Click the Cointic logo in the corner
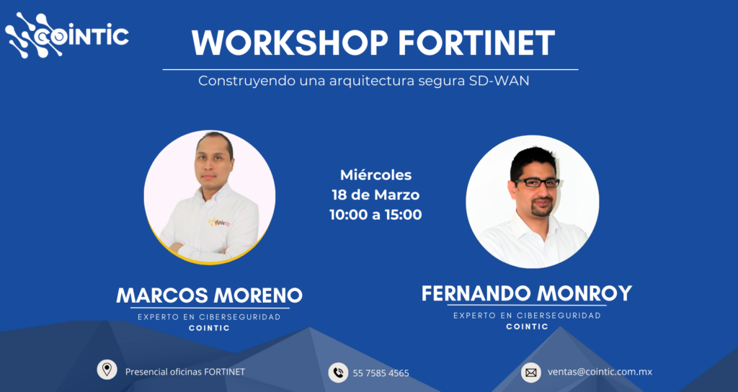[67, 36]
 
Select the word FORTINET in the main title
[477, 43]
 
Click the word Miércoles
[375, 175]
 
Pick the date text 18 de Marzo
[375, 195]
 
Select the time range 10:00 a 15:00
[375, 215]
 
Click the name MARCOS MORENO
[210, 295]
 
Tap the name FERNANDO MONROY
[526, 293]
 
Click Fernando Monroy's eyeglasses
[536, 182]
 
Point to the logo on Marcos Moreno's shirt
[220, 222]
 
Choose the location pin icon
[107, 370]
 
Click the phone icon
[338, 373]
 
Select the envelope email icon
[530, 373]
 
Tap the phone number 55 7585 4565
[381, 373]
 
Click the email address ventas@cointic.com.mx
[600, 372]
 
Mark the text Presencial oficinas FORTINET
[185, 372]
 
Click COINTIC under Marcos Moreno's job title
[210, 329]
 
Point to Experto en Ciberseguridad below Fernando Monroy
[527, 316]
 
